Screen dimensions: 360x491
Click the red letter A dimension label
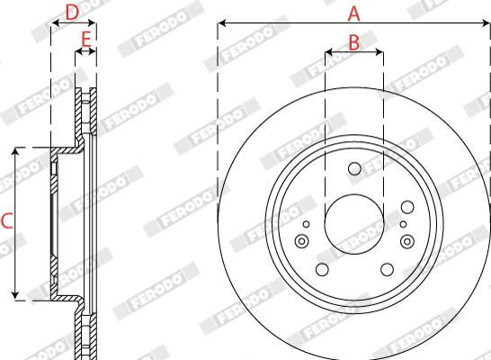(x=353, y=13)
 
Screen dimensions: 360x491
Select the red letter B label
(x=353, y=40)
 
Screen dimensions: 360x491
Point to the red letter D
(x=73, y=12)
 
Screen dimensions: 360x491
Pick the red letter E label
(x=86, y=39)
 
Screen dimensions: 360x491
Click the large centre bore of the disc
(x=353, y=220)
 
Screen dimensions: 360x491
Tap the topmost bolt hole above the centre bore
(x=353, y=168)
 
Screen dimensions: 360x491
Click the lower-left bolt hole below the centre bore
(x=321, y=269)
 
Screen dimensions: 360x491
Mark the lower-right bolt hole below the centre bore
(x=387, y=269)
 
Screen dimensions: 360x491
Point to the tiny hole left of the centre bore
(x=306, y=224)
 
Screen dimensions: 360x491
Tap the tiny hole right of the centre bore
(x=403, y=224)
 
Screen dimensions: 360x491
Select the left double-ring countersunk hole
(x=301, y=240)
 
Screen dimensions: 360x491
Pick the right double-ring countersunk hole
(x=406, y=240)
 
